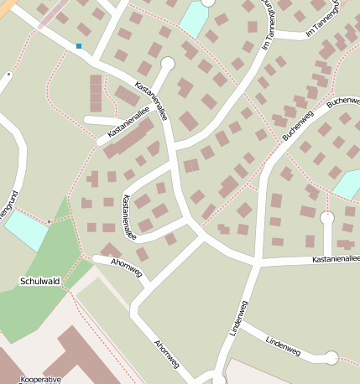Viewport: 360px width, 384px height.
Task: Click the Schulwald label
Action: (x=39, y=281)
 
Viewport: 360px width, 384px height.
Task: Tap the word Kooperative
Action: (x=40, y=379)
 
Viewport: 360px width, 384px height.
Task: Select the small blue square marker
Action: (x=79, y=46)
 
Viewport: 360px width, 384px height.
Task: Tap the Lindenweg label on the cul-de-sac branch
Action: (x=282, y=344)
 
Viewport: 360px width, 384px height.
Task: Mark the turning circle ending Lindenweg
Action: (x=331, y=358)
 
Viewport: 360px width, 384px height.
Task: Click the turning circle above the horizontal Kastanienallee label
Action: (x=327, y=218)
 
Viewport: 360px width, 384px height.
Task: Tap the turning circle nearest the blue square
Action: (x=167, y=63)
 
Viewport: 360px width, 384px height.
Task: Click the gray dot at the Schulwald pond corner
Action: (x=49, y=221)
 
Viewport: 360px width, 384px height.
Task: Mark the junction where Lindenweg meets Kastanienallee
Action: (x=255, y=263)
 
